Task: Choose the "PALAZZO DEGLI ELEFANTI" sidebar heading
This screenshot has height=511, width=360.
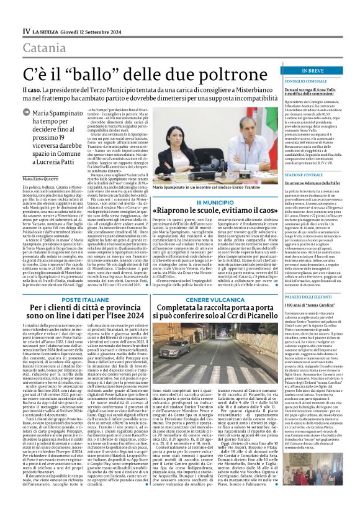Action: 295,314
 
